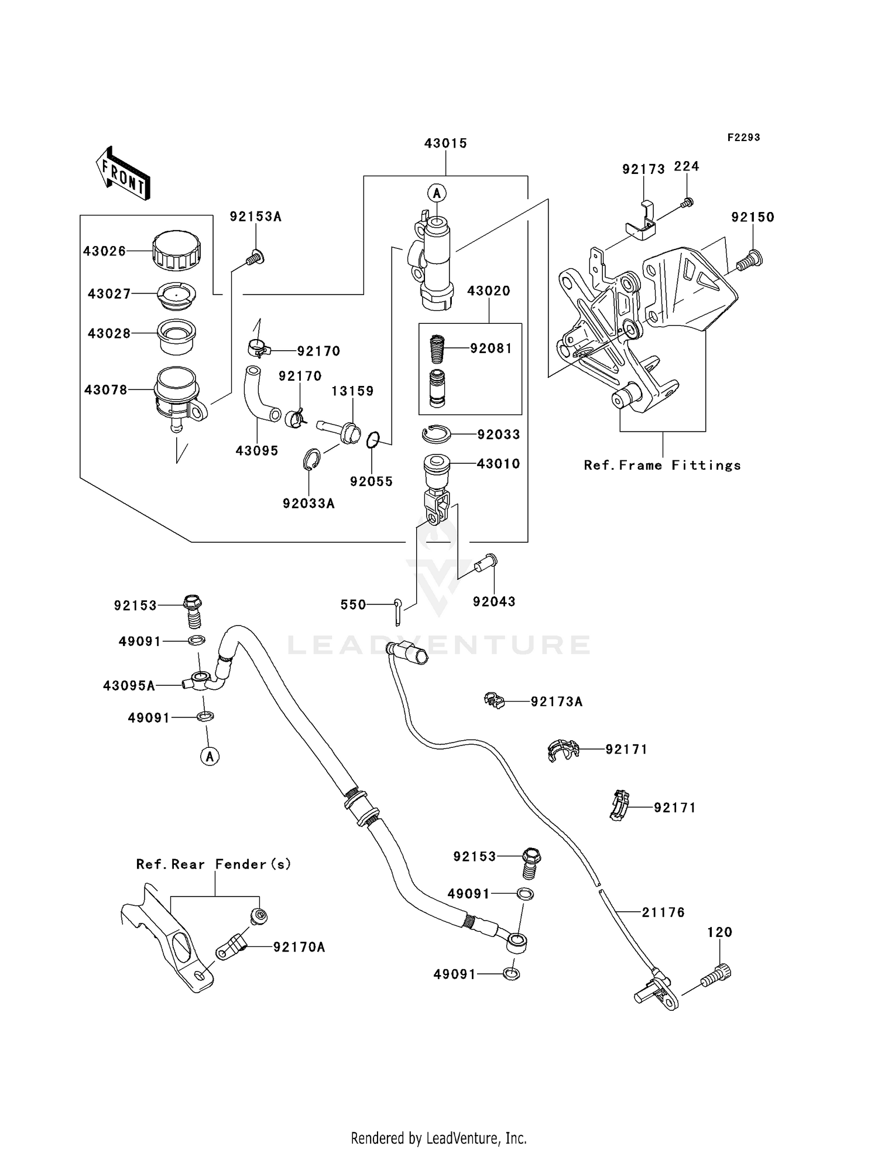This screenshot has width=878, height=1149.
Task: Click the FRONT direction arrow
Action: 124,174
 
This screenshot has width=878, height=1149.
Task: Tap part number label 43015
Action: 445,143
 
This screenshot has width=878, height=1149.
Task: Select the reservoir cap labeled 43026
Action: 177,251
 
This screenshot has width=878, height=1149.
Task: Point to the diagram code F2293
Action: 743,137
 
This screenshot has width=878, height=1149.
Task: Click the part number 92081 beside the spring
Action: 491,348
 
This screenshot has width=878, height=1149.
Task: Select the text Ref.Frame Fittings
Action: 662,465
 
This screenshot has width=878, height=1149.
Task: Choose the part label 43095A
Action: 129,685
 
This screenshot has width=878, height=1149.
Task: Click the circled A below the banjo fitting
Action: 210,756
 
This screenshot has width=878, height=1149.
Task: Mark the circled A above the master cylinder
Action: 437,192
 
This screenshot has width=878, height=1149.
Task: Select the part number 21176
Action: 663,912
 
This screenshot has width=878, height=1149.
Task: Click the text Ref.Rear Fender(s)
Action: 214,864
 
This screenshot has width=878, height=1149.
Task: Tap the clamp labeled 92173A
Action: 495,700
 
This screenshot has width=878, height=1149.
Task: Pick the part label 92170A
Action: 299,947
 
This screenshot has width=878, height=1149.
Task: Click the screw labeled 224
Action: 687,203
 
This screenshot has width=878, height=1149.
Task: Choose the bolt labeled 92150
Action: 748,260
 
